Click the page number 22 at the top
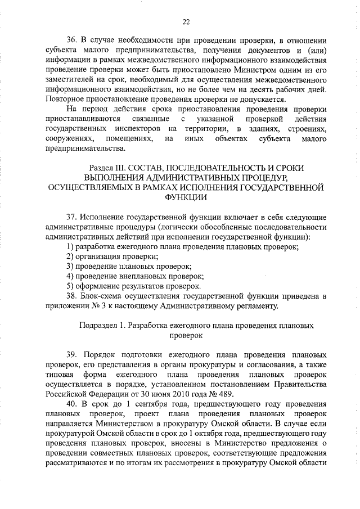pyautogui.click(x=186, y=22)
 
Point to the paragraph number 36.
pyautogui.click(x=71, y=40)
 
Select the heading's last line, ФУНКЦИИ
pyautogui.click(x=185, y=197)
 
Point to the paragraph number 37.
pyautogui.click(x=71, y=217)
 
